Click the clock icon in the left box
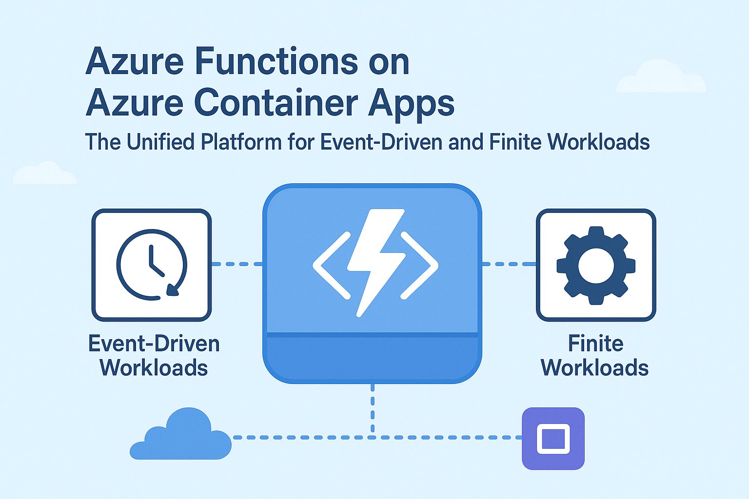[x=152, y=265]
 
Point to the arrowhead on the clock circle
[x=173, y=290]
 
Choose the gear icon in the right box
[x=596, y=266]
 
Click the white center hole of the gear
[x=596, y=266]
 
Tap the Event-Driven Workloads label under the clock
[x=154, y=356]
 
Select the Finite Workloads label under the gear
[x=595, y=356]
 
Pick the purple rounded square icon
[x=553, y=439]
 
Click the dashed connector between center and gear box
[x=509, y=264]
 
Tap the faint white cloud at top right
[x=661, y=78]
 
